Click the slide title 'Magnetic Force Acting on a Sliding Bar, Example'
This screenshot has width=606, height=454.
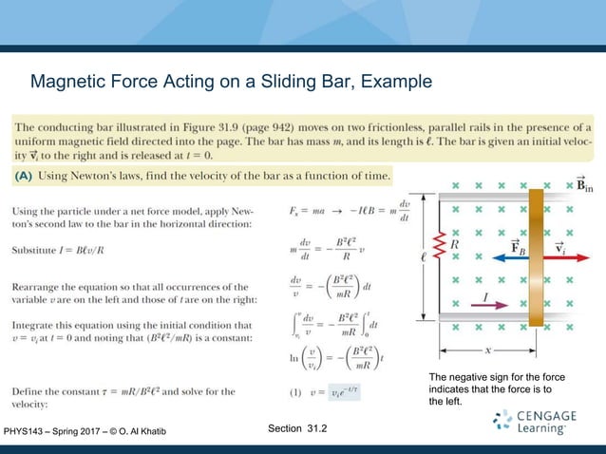point(231,83)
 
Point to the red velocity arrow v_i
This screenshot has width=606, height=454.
point(561,255)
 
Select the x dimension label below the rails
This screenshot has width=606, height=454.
point(486,349)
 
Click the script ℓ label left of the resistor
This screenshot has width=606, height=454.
point(426,255)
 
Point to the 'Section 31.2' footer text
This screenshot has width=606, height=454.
point(297,429)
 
